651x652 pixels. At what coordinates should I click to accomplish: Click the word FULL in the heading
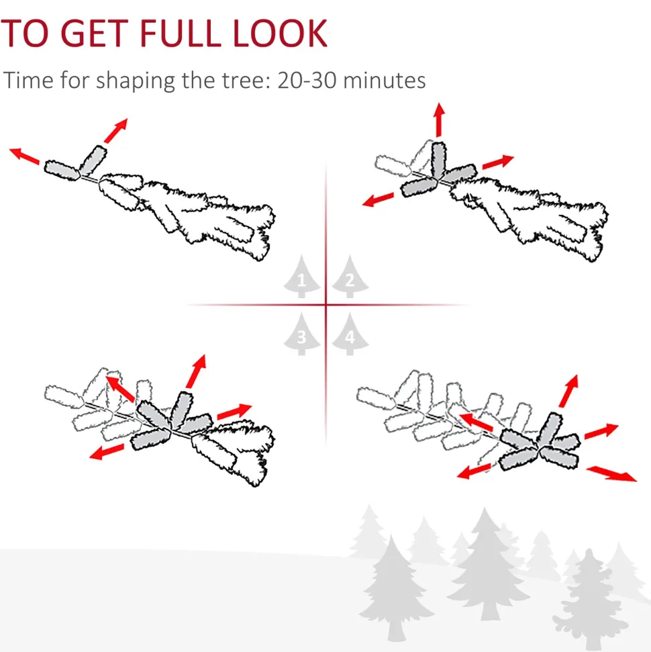pyautogui.click(x=180, y=34)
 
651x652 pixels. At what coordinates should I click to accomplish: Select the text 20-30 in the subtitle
pyautogui.click(x=307, y=81)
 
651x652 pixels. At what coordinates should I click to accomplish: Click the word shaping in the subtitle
pyautogui.click(x=136, y=81)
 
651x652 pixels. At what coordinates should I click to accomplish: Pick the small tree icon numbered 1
pyautogui.click(x=302, y=277)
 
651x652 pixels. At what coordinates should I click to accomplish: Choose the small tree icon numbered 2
pyautogui.click(x=350, y=277)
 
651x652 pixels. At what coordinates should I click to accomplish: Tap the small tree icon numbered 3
pyautogui.click(x=302, y=334)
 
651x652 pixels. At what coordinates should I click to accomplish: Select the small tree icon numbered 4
pyautogui.click(x=350, y=334)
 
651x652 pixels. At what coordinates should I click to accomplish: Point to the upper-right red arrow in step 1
pyautogui.click(x=116, y=130)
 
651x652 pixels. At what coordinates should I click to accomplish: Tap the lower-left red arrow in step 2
pyautogui.click(x=378, y=199)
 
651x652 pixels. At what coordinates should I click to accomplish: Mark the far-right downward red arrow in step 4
pyautogui.click(x=611, y=474)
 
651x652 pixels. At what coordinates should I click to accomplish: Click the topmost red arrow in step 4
pyautogui.click(x=568, y=391)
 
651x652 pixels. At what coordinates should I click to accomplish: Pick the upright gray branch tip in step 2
pyautogui.click(x=438, y=160)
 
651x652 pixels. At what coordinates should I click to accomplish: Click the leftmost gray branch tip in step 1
pyautogui.click(x=62, y=170)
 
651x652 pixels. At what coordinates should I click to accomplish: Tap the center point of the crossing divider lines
pyautogui.click(x=326, y=306)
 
